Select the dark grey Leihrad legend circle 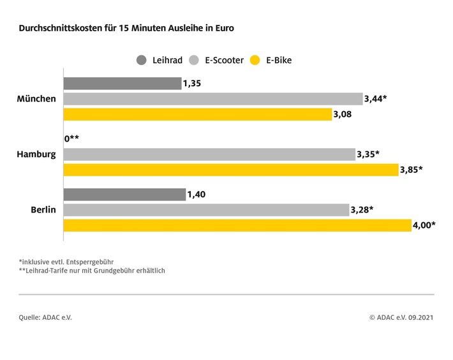(141, 61)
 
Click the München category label (37, 99)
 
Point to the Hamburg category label (37, 154)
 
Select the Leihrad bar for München (122, 84)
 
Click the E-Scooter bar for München (212, 99)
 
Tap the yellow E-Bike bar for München (197, 114)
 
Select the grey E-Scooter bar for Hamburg (209, 154)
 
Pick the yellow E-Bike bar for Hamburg (230, 170)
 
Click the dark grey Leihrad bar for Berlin (124, 195)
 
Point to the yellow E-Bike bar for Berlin (237, 225)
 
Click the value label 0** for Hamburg (72, 139)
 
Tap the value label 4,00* (425, 225)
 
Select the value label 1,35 (192, 84)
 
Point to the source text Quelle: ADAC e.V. (45, 317)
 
